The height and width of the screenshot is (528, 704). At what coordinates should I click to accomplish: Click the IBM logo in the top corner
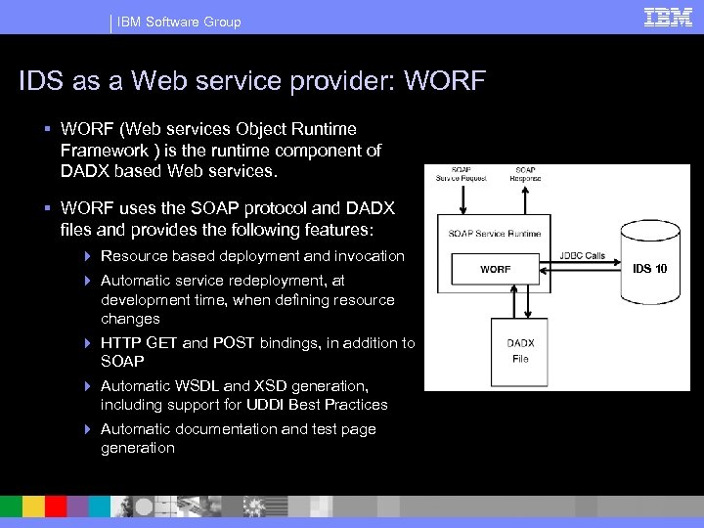coord(668,17)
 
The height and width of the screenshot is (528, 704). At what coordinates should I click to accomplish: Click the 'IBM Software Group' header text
coord(179,22)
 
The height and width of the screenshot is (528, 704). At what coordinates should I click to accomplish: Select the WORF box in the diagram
coord(495,269)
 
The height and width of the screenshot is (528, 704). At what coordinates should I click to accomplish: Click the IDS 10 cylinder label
coord(649,268)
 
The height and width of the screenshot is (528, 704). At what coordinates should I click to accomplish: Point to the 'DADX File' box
coord(520,351)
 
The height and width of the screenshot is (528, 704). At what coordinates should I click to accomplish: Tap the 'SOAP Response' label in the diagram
coord(525,173)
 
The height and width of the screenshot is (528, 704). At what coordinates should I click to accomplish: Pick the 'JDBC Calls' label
coord(582,256)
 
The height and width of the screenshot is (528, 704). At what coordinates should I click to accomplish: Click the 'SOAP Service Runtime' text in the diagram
coord(495,234)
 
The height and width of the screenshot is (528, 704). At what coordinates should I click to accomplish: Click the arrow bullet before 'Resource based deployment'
coord(88,256)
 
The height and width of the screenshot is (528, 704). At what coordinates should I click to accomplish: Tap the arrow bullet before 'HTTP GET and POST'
coord(88,343)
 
